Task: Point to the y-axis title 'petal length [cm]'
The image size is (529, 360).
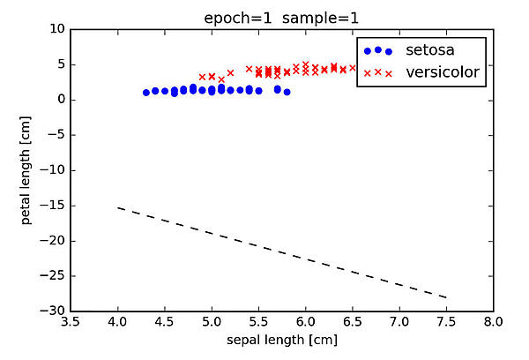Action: (28, 169)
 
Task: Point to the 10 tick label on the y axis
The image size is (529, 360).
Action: (57, 29)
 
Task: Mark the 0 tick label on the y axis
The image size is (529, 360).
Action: (61, 100)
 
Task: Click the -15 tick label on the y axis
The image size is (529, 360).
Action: (53, 206)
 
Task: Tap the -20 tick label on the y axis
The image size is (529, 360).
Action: (53, 241)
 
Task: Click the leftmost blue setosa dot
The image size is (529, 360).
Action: (146, 92)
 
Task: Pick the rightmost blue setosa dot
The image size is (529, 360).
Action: (287, 91)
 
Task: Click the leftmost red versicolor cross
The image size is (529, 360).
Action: (202, 77)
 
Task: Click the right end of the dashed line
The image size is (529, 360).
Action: (446, 297)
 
